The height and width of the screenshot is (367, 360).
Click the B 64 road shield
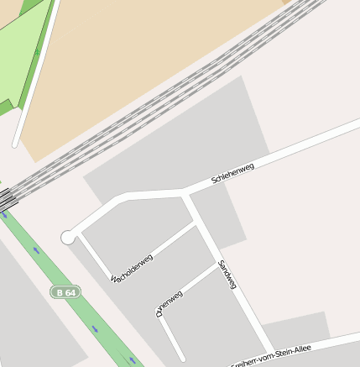(65, 292)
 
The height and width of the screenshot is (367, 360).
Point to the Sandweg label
(227, 275)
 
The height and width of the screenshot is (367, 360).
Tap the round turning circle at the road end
(68, 238)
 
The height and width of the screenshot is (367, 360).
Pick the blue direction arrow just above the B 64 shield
(36, 249)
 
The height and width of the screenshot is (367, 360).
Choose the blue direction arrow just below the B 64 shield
(94, 328)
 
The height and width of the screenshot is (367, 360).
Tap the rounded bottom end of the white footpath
(15, 144)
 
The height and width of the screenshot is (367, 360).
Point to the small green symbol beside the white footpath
(37, 54)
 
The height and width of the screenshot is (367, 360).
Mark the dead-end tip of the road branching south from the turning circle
(181, 359)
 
